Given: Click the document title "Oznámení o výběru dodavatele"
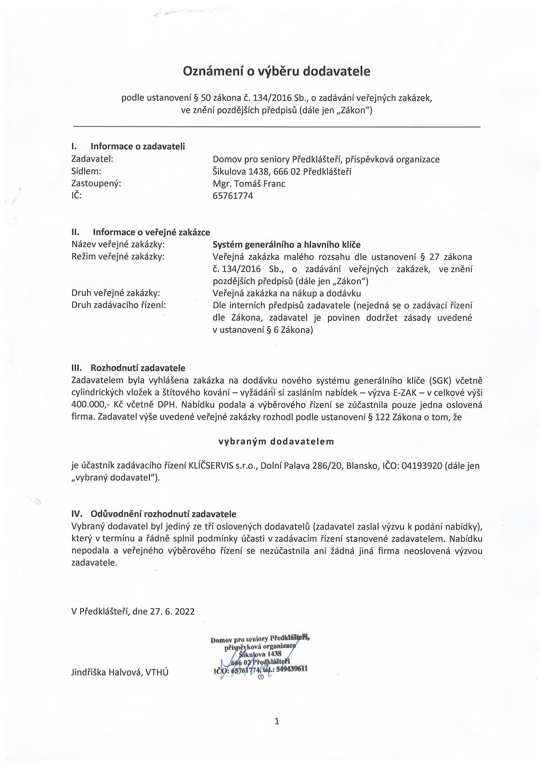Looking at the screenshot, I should pos(277,71).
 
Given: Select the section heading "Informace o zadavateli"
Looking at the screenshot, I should pos(138,146).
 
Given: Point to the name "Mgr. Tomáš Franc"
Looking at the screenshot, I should pos(249,184).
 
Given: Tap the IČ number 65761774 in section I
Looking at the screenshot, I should pos(233,196).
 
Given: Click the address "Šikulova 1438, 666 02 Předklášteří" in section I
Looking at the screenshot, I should pos(282,172).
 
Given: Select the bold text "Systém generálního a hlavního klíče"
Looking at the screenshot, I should pos(287,245).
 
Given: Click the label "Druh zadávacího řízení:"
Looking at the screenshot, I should pos(118,305).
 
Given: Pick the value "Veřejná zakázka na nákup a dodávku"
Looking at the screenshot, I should pos(287,293).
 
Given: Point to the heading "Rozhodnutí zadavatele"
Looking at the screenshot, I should pos(138,368).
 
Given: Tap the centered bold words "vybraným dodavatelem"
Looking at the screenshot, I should pos(276,441).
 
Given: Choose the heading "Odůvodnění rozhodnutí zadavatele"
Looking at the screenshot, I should pos(163,514).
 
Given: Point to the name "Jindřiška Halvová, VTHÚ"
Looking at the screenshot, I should pos(120,672).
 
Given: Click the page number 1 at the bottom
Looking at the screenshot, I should pos(277,721).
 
